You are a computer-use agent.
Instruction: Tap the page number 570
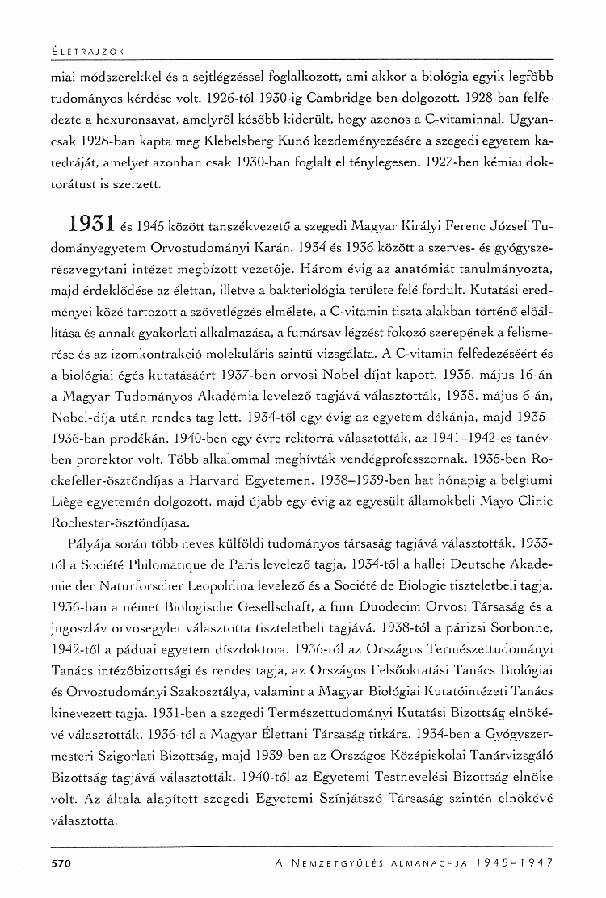point(62,863)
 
